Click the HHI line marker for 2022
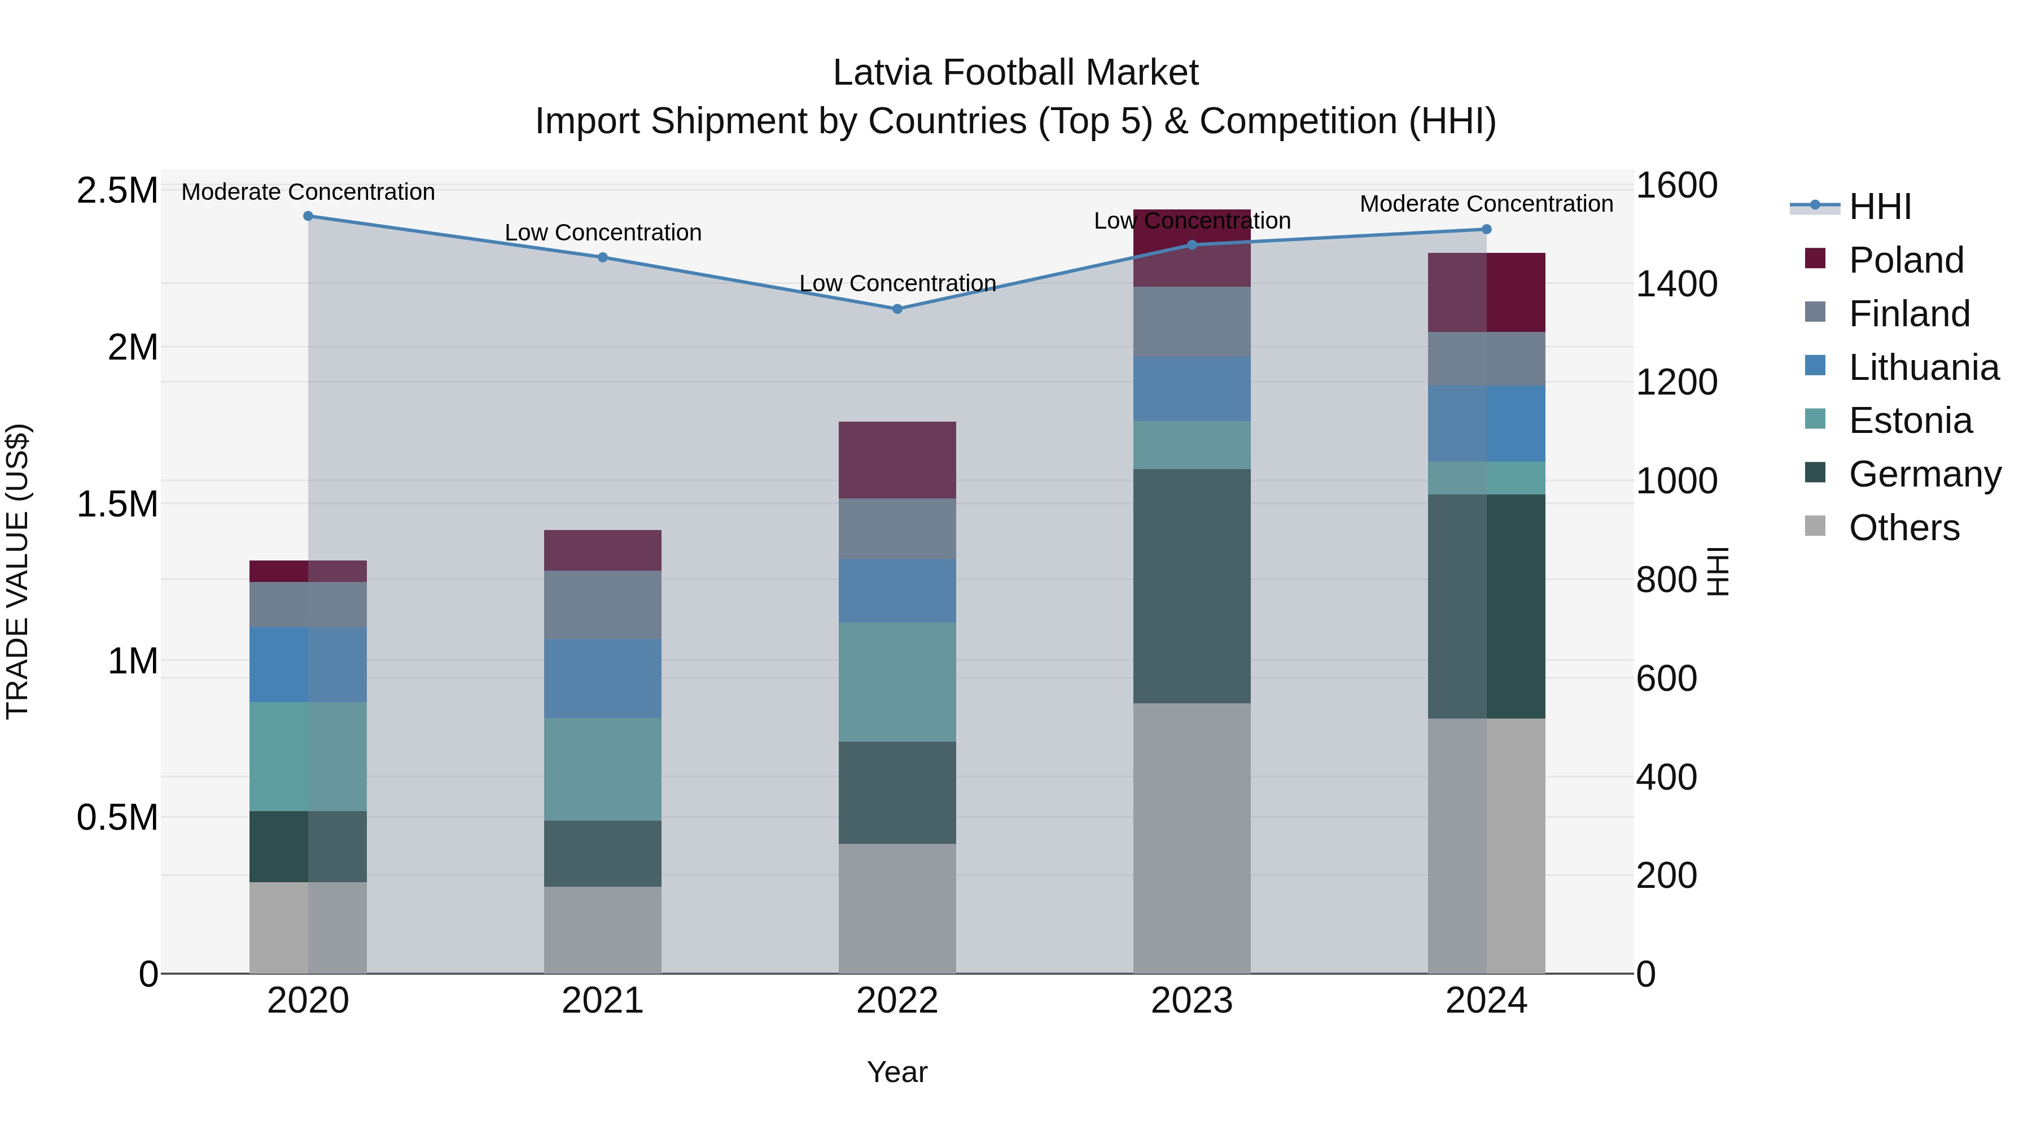click(x=897, y=308)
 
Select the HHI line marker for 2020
click(x=308, y=216)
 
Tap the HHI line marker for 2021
click(x=603, y=257)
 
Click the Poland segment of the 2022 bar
click(x=897, y=460)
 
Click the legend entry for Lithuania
click(x=1922, y=367)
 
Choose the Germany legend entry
click(x=1924, y=474)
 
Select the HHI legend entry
click(x=1879, y=207)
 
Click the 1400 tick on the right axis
click(x=1676, y=284)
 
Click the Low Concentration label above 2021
click(x=603, y=233)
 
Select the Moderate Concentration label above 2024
click(x=1486, y=204)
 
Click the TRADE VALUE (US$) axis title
click(x=17, y=571)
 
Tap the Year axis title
click(x=897, y=1072)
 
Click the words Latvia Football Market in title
click(x=1015, y=73)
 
